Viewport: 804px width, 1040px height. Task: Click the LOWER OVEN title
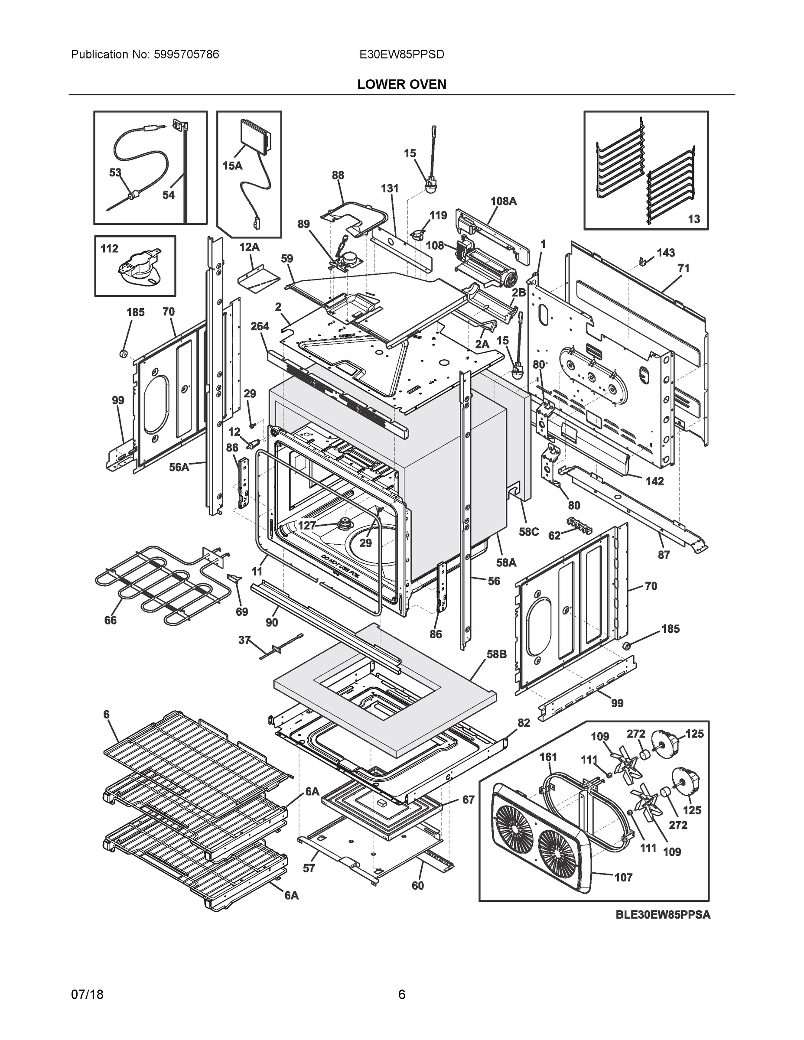[x=401, y=84]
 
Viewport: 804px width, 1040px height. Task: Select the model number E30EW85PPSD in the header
[x=401, y=54]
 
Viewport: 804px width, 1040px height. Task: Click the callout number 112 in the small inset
[x=109, y=249]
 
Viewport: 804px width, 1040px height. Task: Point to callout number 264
[x=260, y=326]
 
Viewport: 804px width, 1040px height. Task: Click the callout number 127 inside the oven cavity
[x=307, y=525]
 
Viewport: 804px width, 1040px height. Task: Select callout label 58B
[x=496, y=655]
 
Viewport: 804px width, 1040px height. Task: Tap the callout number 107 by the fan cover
[x=624, y=877]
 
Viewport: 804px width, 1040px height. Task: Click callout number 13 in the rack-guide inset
[x=694, y=219]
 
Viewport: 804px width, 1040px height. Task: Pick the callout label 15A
[x=232, y=166]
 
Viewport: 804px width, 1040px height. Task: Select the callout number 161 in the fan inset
[x=548, y=757]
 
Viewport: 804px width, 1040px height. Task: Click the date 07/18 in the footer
[x=87, y=995]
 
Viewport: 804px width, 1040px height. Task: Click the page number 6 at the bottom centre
[x=401, y=995]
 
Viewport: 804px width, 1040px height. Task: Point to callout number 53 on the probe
[x=115, y=173]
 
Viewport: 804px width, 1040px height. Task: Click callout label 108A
[x=504, y=201]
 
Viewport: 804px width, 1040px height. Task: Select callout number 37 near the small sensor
[x=244, y=640]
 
